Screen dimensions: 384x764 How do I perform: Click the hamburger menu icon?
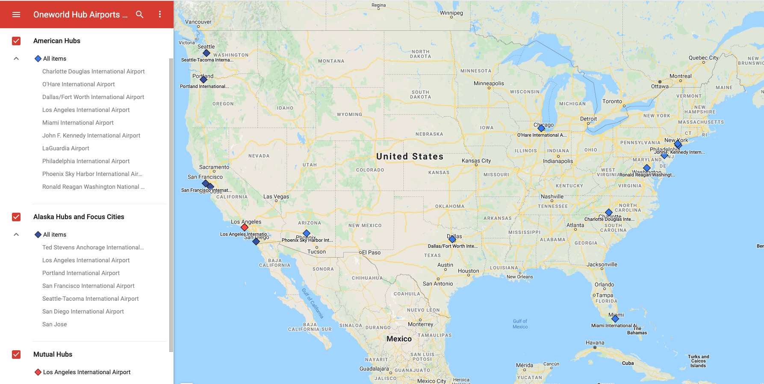point(16,15)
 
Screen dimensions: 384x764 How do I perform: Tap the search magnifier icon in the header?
point(140,15)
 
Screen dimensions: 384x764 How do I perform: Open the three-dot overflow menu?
point(160,15)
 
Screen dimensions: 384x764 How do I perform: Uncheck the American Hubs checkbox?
point(16,41)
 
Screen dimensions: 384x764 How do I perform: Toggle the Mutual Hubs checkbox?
point(16,355)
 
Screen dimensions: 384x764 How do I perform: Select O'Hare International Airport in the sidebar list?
point(78,84)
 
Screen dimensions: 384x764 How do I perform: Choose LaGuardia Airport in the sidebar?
point(65,148)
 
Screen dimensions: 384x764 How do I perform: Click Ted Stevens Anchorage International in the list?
point(93,247)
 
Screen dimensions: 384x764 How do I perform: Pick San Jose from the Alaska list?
point(54,324)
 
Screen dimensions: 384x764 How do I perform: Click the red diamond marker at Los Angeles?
point(245,227)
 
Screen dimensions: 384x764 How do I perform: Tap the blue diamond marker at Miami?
point(615,319)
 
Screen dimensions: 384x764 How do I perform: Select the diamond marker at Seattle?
point(206,53)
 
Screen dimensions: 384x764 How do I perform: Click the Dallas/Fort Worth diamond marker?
point(452,239)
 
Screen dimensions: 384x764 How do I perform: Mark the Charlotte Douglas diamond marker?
point(609,212)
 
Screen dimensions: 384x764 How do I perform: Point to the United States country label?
point(410,156)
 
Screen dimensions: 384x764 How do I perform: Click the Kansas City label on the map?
point(476,161)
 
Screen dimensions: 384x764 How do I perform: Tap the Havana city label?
point(595,343)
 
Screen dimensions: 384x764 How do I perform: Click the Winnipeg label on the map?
point(451,13)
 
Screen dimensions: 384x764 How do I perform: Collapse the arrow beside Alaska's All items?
point(16,235)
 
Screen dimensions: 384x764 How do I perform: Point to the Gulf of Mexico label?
point(520,324)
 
